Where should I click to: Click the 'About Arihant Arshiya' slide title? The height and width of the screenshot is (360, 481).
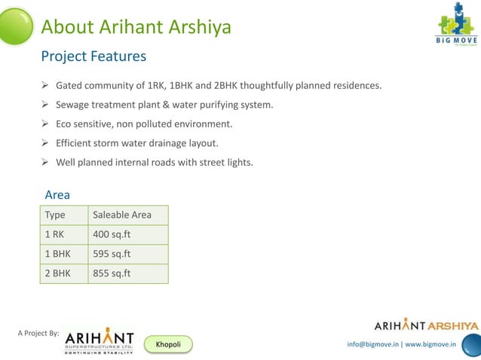click(x=136, y=28)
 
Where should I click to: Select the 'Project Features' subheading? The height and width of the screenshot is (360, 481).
click(x=93, y=56)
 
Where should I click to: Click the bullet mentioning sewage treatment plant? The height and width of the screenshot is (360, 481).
click(x=164, y=105)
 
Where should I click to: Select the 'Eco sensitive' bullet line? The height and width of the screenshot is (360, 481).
click(x=144, y=124)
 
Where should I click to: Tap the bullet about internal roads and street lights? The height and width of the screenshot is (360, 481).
click(x=155, y=162)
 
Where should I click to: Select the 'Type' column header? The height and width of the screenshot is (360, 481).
click(x=55, y=215)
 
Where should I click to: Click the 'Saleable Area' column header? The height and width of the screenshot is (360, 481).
click(x=121, y=215)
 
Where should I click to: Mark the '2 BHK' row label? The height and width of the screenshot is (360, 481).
click(x=57, y=273)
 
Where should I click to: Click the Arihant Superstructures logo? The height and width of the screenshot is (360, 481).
click(x=99, y=341)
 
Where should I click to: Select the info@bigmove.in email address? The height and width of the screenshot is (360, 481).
click(x=372, y=344)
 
